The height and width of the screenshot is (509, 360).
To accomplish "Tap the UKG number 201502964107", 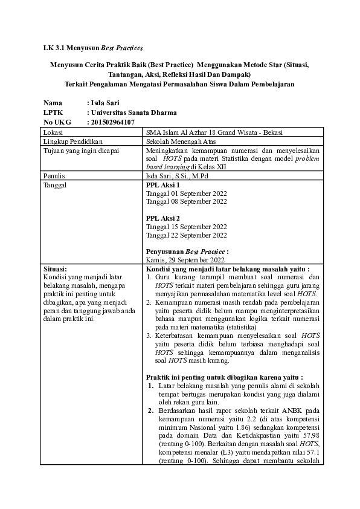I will click(112, 122).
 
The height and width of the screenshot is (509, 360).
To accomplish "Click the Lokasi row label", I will click(54, 131).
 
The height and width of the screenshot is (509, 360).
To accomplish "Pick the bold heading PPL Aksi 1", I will click(163, 184).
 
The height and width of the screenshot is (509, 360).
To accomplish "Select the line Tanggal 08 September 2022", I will click(187, 201).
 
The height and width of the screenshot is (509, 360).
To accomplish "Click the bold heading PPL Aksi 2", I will click(163, 218).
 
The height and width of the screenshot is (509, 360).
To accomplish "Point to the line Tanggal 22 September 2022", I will click(187, 235).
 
